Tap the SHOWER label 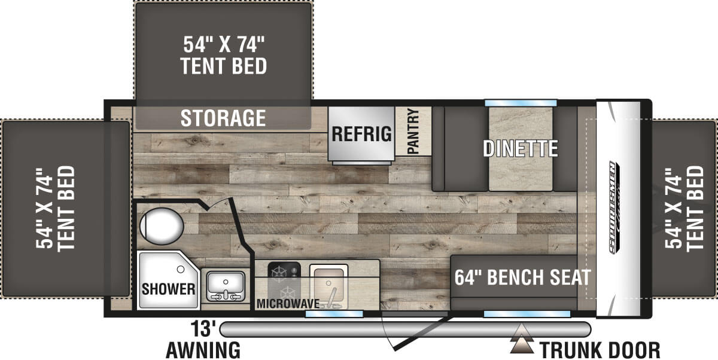(169, 289)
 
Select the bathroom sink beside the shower (225, 285)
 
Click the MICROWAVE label (288, 303)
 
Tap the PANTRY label (413, 132)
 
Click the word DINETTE (521, 148)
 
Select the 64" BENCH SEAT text (522, 277)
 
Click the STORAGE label (223, 118)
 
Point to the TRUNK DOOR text (600, 349)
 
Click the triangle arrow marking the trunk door (522, 344)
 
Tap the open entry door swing (419, 332)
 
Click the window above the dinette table (521, 103)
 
